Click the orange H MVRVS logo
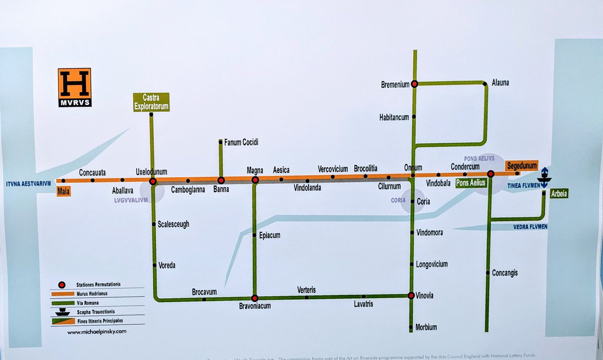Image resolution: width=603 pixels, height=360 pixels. point(74,87)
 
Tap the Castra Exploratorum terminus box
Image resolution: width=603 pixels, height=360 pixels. point(151,102)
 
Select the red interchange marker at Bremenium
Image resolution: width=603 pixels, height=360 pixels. point(415,84)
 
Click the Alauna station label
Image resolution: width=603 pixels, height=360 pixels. point(500,82)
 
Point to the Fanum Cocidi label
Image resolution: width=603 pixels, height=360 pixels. point(241,143)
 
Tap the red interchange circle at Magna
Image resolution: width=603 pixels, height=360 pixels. point(255,179)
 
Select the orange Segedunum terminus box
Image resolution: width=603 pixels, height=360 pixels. point(522,165)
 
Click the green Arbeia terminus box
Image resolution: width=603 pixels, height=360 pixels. point(559,194)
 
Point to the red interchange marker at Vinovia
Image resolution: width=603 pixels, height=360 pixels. point(411,296)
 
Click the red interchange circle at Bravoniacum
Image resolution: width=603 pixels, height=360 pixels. point(255,298)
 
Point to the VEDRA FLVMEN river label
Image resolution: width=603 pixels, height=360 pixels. point(530,227)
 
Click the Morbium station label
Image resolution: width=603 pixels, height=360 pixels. point(426,327)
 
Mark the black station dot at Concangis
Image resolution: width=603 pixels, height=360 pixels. point(487,273)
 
